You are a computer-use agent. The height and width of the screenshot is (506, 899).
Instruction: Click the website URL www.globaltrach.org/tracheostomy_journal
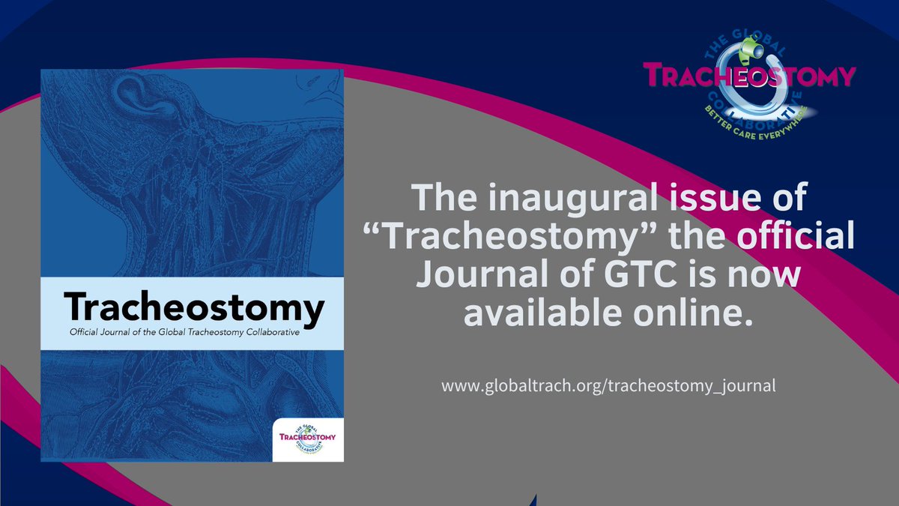click(x=608, y=387)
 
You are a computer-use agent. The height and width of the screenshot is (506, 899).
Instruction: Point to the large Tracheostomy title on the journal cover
click(x=193, y=307)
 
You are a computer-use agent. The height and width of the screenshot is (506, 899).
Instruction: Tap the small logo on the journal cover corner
click(x=306, y=437)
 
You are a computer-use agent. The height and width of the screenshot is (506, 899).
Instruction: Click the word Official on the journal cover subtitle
click(x=79, y=333)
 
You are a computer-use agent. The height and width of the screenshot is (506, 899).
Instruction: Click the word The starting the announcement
click(x=438, y=200)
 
